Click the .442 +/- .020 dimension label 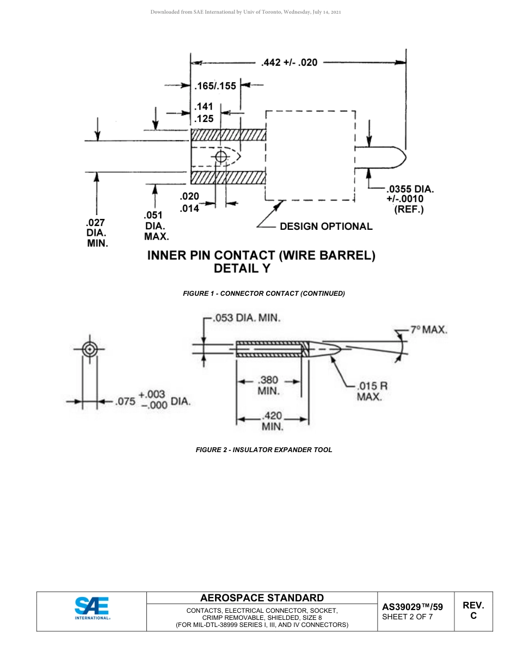pos(289,63)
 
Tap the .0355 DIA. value pos(410,189)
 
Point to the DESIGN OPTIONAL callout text pos(326,227)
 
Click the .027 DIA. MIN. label pos(97,233)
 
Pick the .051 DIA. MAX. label pos(156,226)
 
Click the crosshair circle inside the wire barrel pos(221,157)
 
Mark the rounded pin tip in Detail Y pos(397,157)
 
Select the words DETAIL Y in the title pos(242,269)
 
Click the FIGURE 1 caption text pos(264,294)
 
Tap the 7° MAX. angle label pos(429,330)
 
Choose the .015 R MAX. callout pos(372,391)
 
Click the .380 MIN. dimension pos(268,385)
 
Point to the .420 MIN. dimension pos(273,422)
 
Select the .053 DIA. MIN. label pos(247,318)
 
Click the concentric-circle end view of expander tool pos(90,349)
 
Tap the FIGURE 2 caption pos(264,450)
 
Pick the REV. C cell pos(473,611)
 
